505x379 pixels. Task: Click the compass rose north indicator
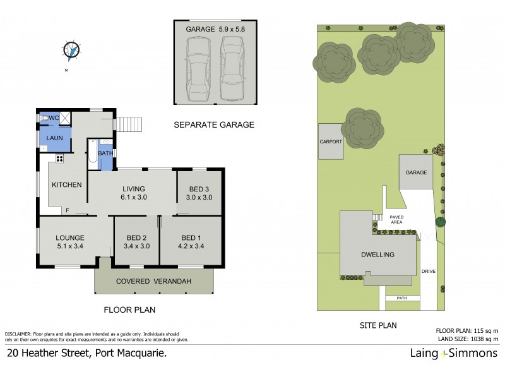(x=73, y=49)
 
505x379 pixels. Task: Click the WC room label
(x=53, y=118)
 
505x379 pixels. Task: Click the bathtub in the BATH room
(x=93, y=154)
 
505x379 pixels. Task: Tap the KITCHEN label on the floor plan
(x=67, y=185)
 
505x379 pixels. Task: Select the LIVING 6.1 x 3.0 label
(x=133, y=193)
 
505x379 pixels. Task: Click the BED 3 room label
(x=199, y=193)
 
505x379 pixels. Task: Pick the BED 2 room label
(x=136, y=242)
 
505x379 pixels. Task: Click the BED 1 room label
(x=191, y=242)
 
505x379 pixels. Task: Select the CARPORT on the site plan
(x=331, y=141)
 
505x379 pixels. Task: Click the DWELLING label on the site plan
(x=378, y=255)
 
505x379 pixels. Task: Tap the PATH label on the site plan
(x=400, y=298)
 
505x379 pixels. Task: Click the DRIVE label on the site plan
(x=429, y=272)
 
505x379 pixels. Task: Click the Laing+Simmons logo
(x=447, y=353)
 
